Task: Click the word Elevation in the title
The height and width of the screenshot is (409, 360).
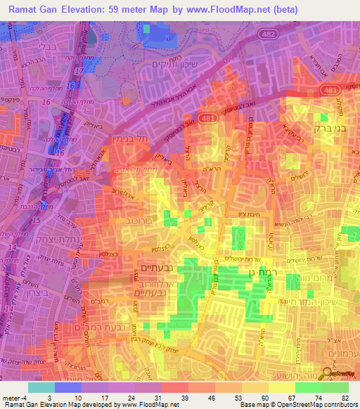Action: [x=85, y=10]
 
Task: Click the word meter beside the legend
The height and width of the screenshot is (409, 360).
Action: [x=9, y=398]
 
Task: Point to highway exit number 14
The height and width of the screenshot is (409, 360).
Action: [x=9, y=309]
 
